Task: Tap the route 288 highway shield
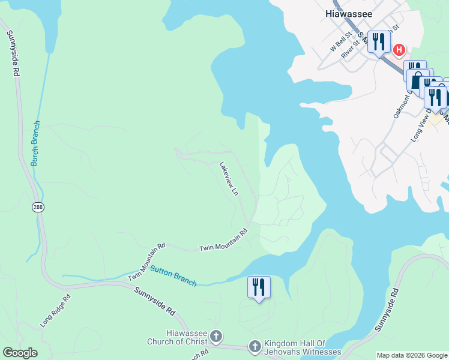(x=38, y=207)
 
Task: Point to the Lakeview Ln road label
(x=229, y=179)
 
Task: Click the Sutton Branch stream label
(x=173, y=276)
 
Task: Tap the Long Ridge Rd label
(x=55, y=310)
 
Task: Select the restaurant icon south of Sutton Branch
(x=259, y=287)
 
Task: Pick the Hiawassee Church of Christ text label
(x=178, y=338)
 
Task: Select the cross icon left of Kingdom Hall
(x=255, y=347)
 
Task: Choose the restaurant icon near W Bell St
(x=378, y=42)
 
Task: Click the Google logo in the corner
(x=20, y=353)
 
